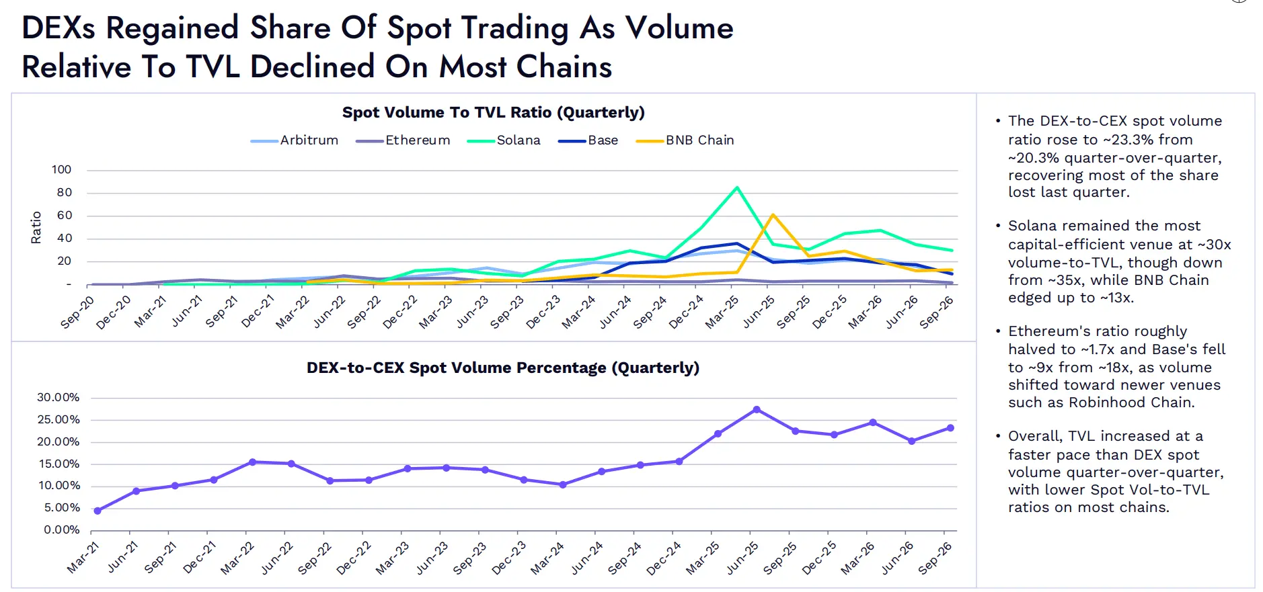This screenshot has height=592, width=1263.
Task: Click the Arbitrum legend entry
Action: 295,140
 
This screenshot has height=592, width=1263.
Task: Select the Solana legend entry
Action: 504,140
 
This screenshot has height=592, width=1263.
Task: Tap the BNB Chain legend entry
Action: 685,140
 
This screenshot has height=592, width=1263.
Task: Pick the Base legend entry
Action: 588,140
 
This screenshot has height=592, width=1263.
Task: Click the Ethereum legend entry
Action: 403,140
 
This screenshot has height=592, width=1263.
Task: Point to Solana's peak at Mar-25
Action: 737,187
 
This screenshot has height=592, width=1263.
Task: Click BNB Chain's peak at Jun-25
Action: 773,215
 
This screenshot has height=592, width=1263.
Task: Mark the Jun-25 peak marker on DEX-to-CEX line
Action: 757,409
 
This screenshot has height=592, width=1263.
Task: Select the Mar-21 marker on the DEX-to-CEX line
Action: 98,511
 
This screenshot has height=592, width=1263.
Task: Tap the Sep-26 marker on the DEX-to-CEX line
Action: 950,428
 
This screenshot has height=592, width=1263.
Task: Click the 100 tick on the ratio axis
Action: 61,170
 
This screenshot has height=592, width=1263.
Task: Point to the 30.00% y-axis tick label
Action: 59,398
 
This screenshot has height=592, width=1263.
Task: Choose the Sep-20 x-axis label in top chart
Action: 77,312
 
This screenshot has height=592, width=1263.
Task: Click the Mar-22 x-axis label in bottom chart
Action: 237,558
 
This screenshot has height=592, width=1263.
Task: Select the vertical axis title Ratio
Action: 36,227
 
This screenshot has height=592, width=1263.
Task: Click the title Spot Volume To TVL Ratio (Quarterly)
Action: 494,112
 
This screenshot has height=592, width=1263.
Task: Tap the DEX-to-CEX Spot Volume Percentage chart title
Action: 503,368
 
